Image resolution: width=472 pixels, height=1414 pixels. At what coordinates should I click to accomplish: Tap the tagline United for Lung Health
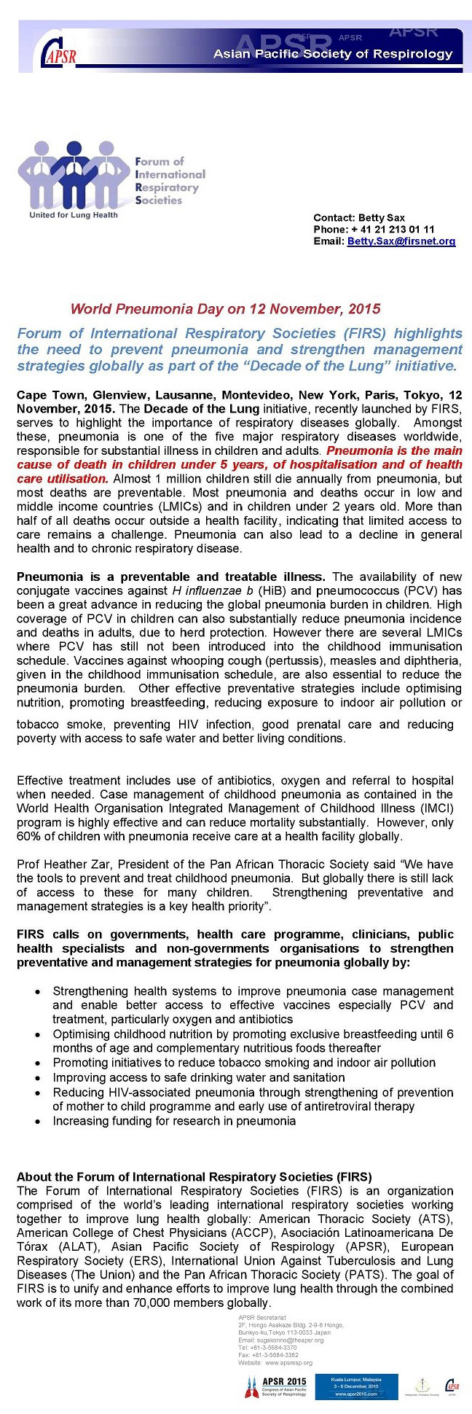(73, 215)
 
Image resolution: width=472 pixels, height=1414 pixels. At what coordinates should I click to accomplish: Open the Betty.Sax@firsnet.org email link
(401, 241)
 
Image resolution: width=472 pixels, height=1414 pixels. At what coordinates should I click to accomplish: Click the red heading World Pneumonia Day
(225, 309)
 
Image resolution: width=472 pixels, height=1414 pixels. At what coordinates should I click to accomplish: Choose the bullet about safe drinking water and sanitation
(199, 1077)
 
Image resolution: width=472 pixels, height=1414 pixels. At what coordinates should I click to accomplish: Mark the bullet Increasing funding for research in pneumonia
(174, 1120)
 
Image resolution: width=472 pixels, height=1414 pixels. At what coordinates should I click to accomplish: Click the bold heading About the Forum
(194, 1177)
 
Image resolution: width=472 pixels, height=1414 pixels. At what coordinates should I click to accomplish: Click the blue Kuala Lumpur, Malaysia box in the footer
(357, 1386)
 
